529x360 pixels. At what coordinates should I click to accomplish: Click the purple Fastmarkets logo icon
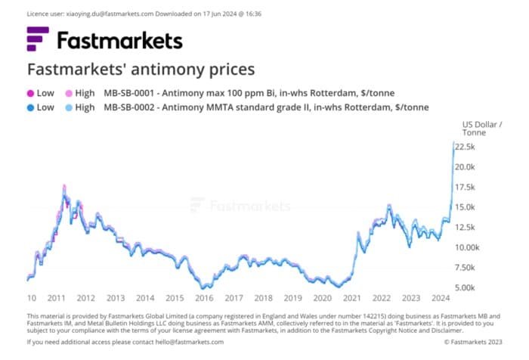point(39,39)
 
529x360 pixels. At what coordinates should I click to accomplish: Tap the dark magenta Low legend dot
point(31,93)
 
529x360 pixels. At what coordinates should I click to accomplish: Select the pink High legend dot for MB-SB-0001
point(69,93)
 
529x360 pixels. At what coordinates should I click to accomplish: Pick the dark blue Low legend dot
point(31,107)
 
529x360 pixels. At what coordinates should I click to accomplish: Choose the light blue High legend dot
point(69,107)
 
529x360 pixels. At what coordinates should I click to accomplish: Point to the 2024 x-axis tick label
point(441,298)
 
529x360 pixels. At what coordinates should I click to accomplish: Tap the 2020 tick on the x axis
point(322,298)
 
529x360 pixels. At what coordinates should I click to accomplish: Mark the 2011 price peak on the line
point(64,185)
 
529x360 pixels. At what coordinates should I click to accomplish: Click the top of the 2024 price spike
point(453,141)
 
